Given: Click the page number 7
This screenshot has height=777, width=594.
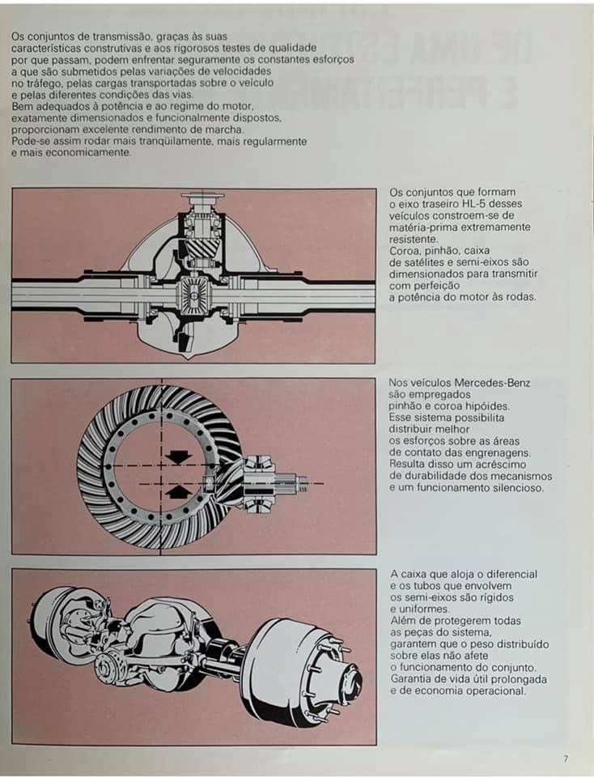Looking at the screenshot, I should (566, 758).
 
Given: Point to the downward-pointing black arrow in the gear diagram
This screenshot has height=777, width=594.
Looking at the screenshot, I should (177, 457).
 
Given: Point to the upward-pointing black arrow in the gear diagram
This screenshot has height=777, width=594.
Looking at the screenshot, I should (177, 491).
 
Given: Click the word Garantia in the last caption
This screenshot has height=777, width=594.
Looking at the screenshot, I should (412, 678).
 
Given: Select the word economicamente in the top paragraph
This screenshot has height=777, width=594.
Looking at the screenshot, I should (81, 152).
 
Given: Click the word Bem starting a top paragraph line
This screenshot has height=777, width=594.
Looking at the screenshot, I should (22, 106).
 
